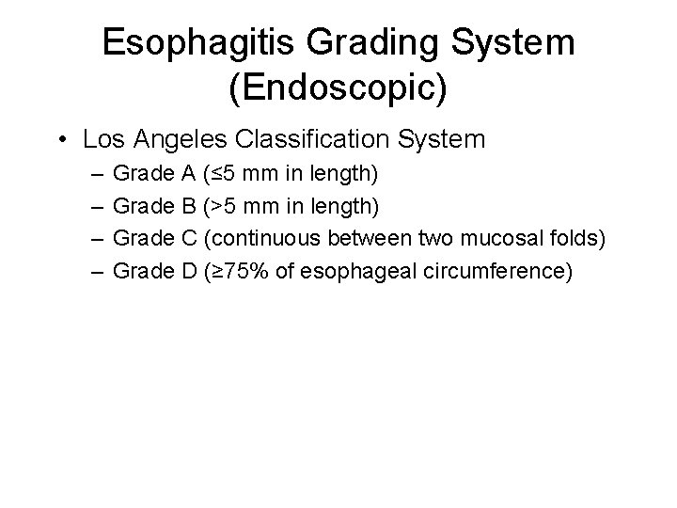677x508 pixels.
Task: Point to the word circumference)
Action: pyautogui.click(x=480, y=272)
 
